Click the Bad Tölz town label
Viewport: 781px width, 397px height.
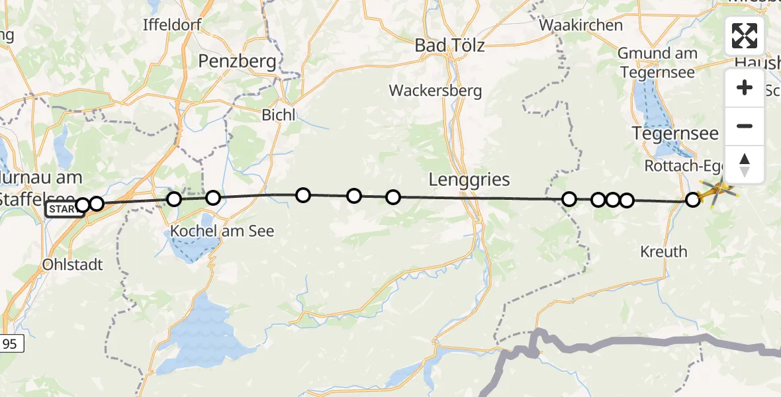point(449,46)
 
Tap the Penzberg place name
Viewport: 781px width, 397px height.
point(237,62)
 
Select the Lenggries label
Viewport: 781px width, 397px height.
point(469,179)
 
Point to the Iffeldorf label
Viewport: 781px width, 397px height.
point(171,25)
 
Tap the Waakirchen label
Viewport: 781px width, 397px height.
point(581,25)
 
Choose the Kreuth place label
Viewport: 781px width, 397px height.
point(664,251)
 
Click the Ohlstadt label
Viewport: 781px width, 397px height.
point(72,265)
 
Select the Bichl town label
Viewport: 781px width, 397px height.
point(278,114)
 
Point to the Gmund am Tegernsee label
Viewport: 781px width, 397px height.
point(658,62)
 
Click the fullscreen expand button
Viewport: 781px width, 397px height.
point(744,36)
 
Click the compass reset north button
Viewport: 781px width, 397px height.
point(744,164)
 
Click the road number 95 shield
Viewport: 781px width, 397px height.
point(10,343)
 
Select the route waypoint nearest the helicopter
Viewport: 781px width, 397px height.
point(692,199)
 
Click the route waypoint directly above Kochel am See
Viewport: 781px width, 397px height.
point(212,198)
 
